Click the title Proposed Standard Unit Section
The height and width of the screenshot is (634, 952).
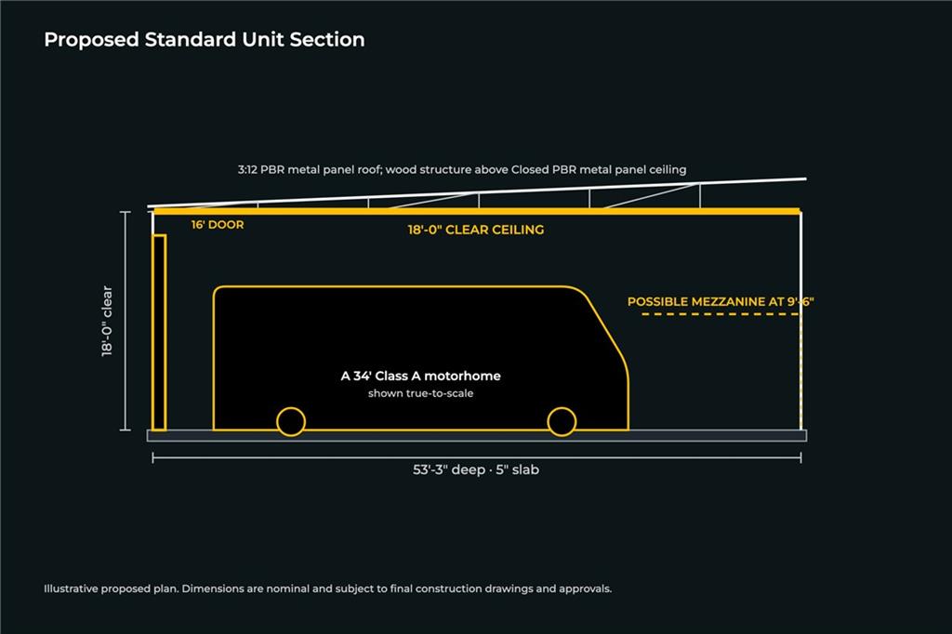click(x=204, y=40)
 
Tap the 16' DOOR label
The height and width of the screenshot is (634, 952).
click(x=218, y=225)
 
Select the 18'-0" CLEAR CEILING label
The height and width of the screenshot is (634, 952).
click(x=476, y=230)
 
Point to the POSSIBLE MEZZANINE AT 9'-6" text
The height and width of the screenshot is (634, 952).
click(x=721, y=301)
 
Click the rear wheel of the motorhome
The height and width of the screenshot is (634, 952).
click(x=291, y=421)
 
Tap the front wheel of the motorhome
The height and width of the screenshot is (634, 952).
click(x=562, y=421)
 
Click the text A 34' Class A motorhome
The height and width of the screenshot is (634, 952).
click(x=421, y=376)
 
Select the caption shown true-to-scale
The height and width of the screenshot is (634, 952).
click(x=421, y=393)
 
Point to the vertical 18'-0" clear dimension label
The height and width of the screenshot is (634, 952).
click(x=107, y=321)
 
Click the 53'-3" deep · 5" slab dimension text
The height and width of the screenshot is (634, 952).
click(x=476, y=469)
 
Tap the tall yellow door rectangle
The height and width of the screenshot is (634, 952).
click(x=159, y=333)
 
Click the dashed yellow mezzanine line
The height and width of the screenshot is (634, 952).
click(x=721, y=314)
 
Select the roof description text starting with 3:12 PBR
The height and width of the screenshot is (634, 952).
click(x=462, y=169)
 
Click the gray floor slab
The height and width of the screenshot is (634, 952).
click(x=477, y=435)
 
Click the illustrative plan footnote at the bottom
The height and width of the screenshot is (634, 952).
click(x=328, y=588)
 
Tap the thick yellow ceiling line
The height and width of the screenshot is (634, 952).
click(x=477, y=211)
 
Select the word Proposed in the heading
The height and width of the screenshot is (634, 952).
click(x=92, y=40)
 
